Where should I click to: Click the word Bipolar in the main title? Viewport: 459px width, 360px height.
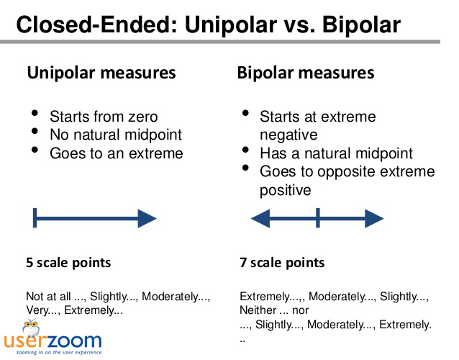point(361,24)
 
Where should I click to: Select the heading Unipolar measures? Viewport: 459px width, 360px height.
point(101,73)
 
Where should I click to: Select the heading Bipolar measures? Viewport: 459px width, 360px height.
point(306,73)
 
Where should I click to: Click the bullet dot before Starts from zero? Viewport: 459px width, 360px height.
point(35,113)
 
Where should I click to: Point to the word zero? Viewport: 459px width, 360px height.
point(143,117)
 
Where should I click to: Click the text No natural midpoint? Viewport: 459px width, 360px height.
point(116,135)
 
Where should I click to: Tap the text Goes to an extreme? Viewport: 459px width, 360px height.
point(117,153)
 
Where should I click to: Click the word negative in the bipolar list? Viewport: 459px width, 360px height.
point(288,135)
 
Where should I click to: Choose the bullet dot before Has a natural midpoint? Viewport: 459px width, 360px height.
point(245,150)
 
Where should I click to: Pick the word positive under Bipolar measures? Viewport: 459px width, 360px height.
point(286,191)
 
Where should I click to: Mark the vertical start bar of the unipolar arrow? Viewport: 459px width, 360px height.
point(35,217)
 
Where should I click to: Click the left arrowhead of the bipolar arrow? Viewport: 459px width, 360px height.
point(260,218)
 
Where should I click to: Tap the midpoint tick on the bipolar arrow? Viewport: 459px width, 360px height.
point(318,217)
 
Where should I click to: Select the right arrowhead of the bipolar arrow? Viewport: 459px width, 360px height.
point(374,218)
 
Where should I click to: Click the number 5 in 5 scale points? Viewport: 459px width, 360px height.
point(29,263)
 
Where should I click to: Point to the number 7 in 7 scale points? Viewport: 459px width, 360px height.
point(243,263)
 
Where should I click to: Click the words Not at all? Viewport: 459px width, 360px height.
point(48,297)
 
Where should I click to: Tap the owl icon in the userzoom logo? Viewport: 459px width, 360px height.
point(31,327)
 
